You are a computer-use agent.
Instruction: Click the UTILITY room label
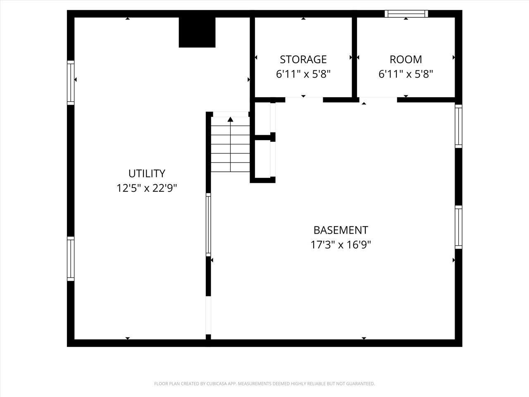[147, 173]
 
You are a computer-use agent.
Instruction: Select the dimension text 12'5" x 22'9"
[147, 189]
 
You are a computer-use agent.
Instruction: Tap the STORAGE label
[303, 60]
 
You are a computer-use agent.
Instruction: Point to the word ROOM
[406, 60]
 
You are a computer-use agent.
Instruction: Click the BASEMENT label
[341, 230]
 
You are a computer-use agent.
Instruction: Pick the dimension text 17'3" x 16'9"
[341, 245]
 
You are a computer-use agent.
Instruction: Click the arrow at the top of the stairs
[230, 120]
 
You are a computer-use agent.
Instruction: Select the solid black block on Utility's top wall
[197, 32]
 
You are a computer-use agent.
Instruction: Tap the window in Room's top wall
[406, 14]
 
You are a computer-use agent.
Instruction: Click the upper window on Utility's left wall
[71, 83]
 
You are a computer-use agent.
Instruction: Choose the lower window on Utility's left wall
[71, 258]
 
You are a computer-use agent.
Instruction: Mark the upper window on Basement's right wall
[458, 126]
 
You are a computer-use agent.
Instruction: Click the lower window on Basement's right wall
[458, 227]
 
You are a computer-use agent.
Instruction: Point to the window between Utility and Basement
[208, 225]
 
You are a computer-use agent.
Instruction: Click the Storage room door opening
[304, 99]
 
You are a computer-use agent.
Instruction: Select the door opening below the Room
[378, 99]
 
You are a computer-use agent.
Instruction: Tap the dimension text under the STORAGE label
[303, 74]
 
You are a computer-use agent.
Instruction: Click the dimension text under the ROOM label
[406, 74]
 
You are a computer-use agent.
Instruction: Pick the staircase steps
[231, 145]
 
